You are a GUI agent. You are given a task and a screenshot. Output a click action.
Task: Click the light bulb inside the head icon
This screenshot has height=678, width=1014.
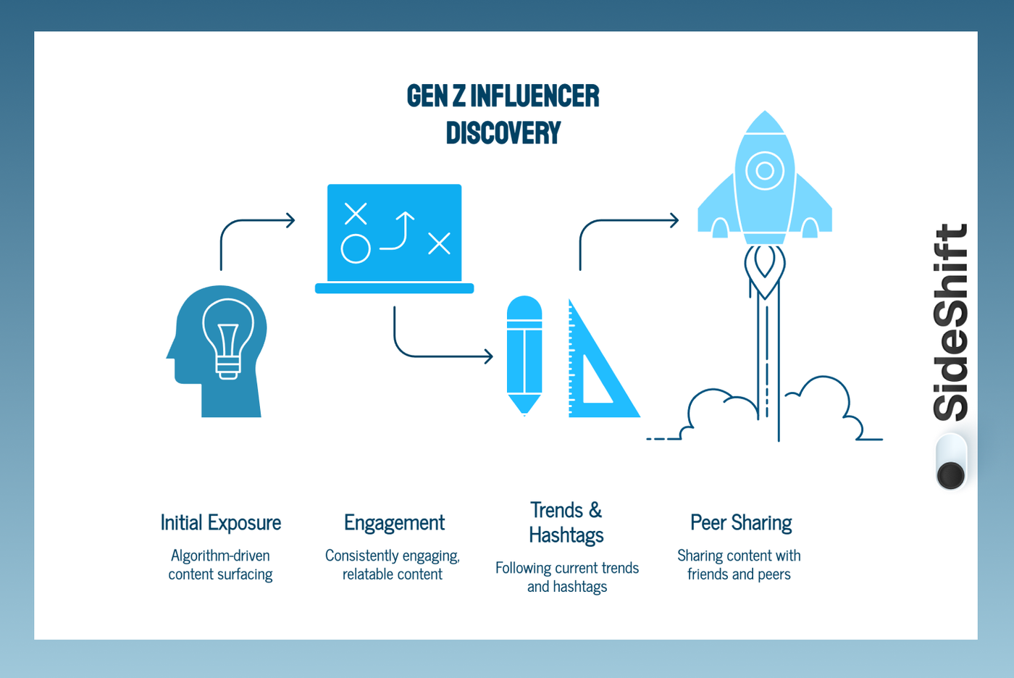(x=228, y=338)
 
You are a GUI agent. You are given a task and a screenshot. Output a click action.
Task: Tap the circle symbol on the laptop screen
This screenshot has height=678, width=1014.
(x=356, y=248)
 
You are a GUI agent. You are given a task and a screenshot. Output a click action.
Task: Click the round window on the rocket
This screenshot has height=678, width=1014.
(x=765, y=171)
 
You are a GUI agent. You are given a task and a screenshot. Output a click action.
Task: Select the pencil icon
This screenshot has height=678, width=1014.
(x=524, y=355)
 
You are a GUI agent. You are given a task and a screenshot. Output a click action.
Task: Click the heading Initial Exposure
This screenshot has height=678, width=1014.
(x=221, y=523)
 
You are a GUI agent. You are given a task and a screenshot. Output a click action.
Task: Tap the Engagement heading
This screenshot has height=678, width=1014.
(x=394, y=523)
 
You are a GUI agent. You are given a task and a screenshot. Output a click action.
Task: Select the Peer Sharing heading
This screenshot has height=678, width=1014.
(x=741, y=523)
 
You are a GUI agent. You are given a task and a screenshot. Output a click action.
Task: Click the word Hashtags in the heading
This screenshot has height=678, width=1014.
(x=566, y=535)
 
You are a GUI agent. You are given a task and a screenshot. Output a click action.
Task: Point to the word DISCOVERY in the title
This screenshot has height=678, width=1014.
(x=503, y=133)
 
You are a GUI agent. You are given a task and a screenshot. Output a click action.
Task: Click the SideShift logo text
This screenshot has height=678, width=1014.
(x=950, y=322)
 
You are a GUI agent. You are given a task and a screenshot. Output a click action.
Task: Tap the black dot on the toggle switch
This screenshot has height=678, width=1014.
(x=950, y=475)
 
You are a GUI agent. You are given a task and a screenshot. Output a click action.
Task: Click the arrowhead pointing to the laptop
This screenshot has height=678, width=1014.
(x=290, y=220)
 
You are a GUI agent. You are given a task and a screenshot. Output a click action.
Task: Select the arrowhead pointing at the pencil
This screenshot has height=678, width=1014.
(x=489, y=356)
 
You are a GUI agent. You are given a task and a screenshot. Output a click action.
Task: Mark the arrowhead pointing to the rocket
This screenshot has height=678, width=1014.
(x=674, y=220)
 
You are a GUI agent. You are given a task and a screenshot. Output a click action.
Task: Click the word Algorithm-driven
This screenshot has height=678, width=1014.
(x=220, y=556)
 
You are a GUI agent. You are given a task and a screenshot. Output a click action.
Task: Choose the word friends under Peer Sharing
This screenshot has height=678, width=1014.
(x=707, y=574)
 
